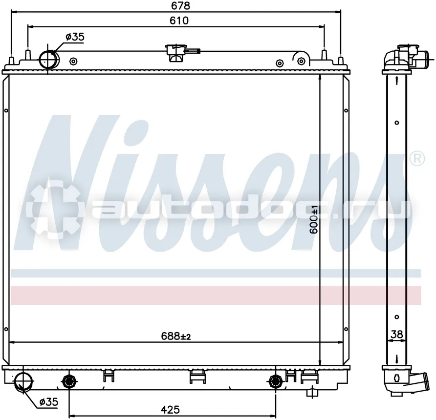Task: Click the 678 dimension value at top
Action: pyautogui.click(x=180, y=5)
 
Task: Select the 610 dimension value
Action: pyautogui.click(x=179, y=21)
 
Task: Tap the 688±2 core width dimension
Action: pyautogui.click(x=176, y=336)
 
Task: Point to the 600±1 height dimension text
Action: pyautogui.click(x=314, y=219)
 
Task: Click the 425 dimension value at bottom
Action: pyautogui.click(x=170, y=409)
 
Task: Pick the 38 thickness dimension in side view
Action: pyautogui.click(x=396, y=335)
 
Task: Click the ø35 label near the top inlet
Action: pyautogui.click(x=75, y=37)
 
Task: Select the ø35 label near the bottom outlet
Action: pyautogui.click(x=49, y=401)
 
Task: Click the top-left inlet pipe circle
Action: pyautogui.click(x=49, y=59)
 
